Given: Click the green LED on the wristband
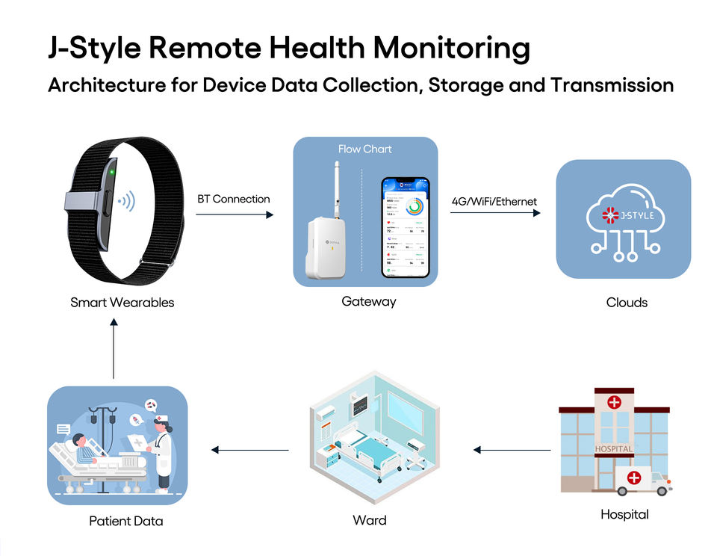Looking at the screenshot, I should pyautogui.click(x=111, y=174).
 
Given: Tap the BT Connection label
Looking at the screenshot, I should pyautogui.click(x=234, y=200).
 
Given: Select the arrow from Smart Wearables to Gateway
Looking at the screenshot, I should pyautogui.click(x=235, y=214).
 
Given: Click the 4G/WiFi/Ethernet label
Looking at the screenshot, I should pyautogui.click(x=494, y=201).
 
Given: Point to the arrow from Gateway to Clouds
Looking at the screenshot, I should pyautogui.click(x=494, y=213).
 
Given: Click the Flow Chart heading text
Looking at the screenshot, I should pyautogui.click(x=364, y=149).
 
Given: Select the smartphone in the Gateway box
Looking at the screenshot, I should pyautogui.click(x=406, y=227).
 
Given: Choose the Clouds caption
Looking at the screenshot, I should pyautogui.click(x=627, y=303).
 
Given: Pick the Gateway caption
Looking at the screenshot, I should pyautogui.click(x=368, y=302).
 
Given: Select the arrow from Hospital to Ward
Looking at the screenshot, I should pyautogui.click(x=512, y=450).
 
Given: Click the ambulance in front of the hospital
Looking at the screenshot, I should pyautogui.click(x=642, y=479).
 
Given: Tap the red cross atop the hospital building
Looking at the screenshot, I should pyautogui.click(x=614, y=402).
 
